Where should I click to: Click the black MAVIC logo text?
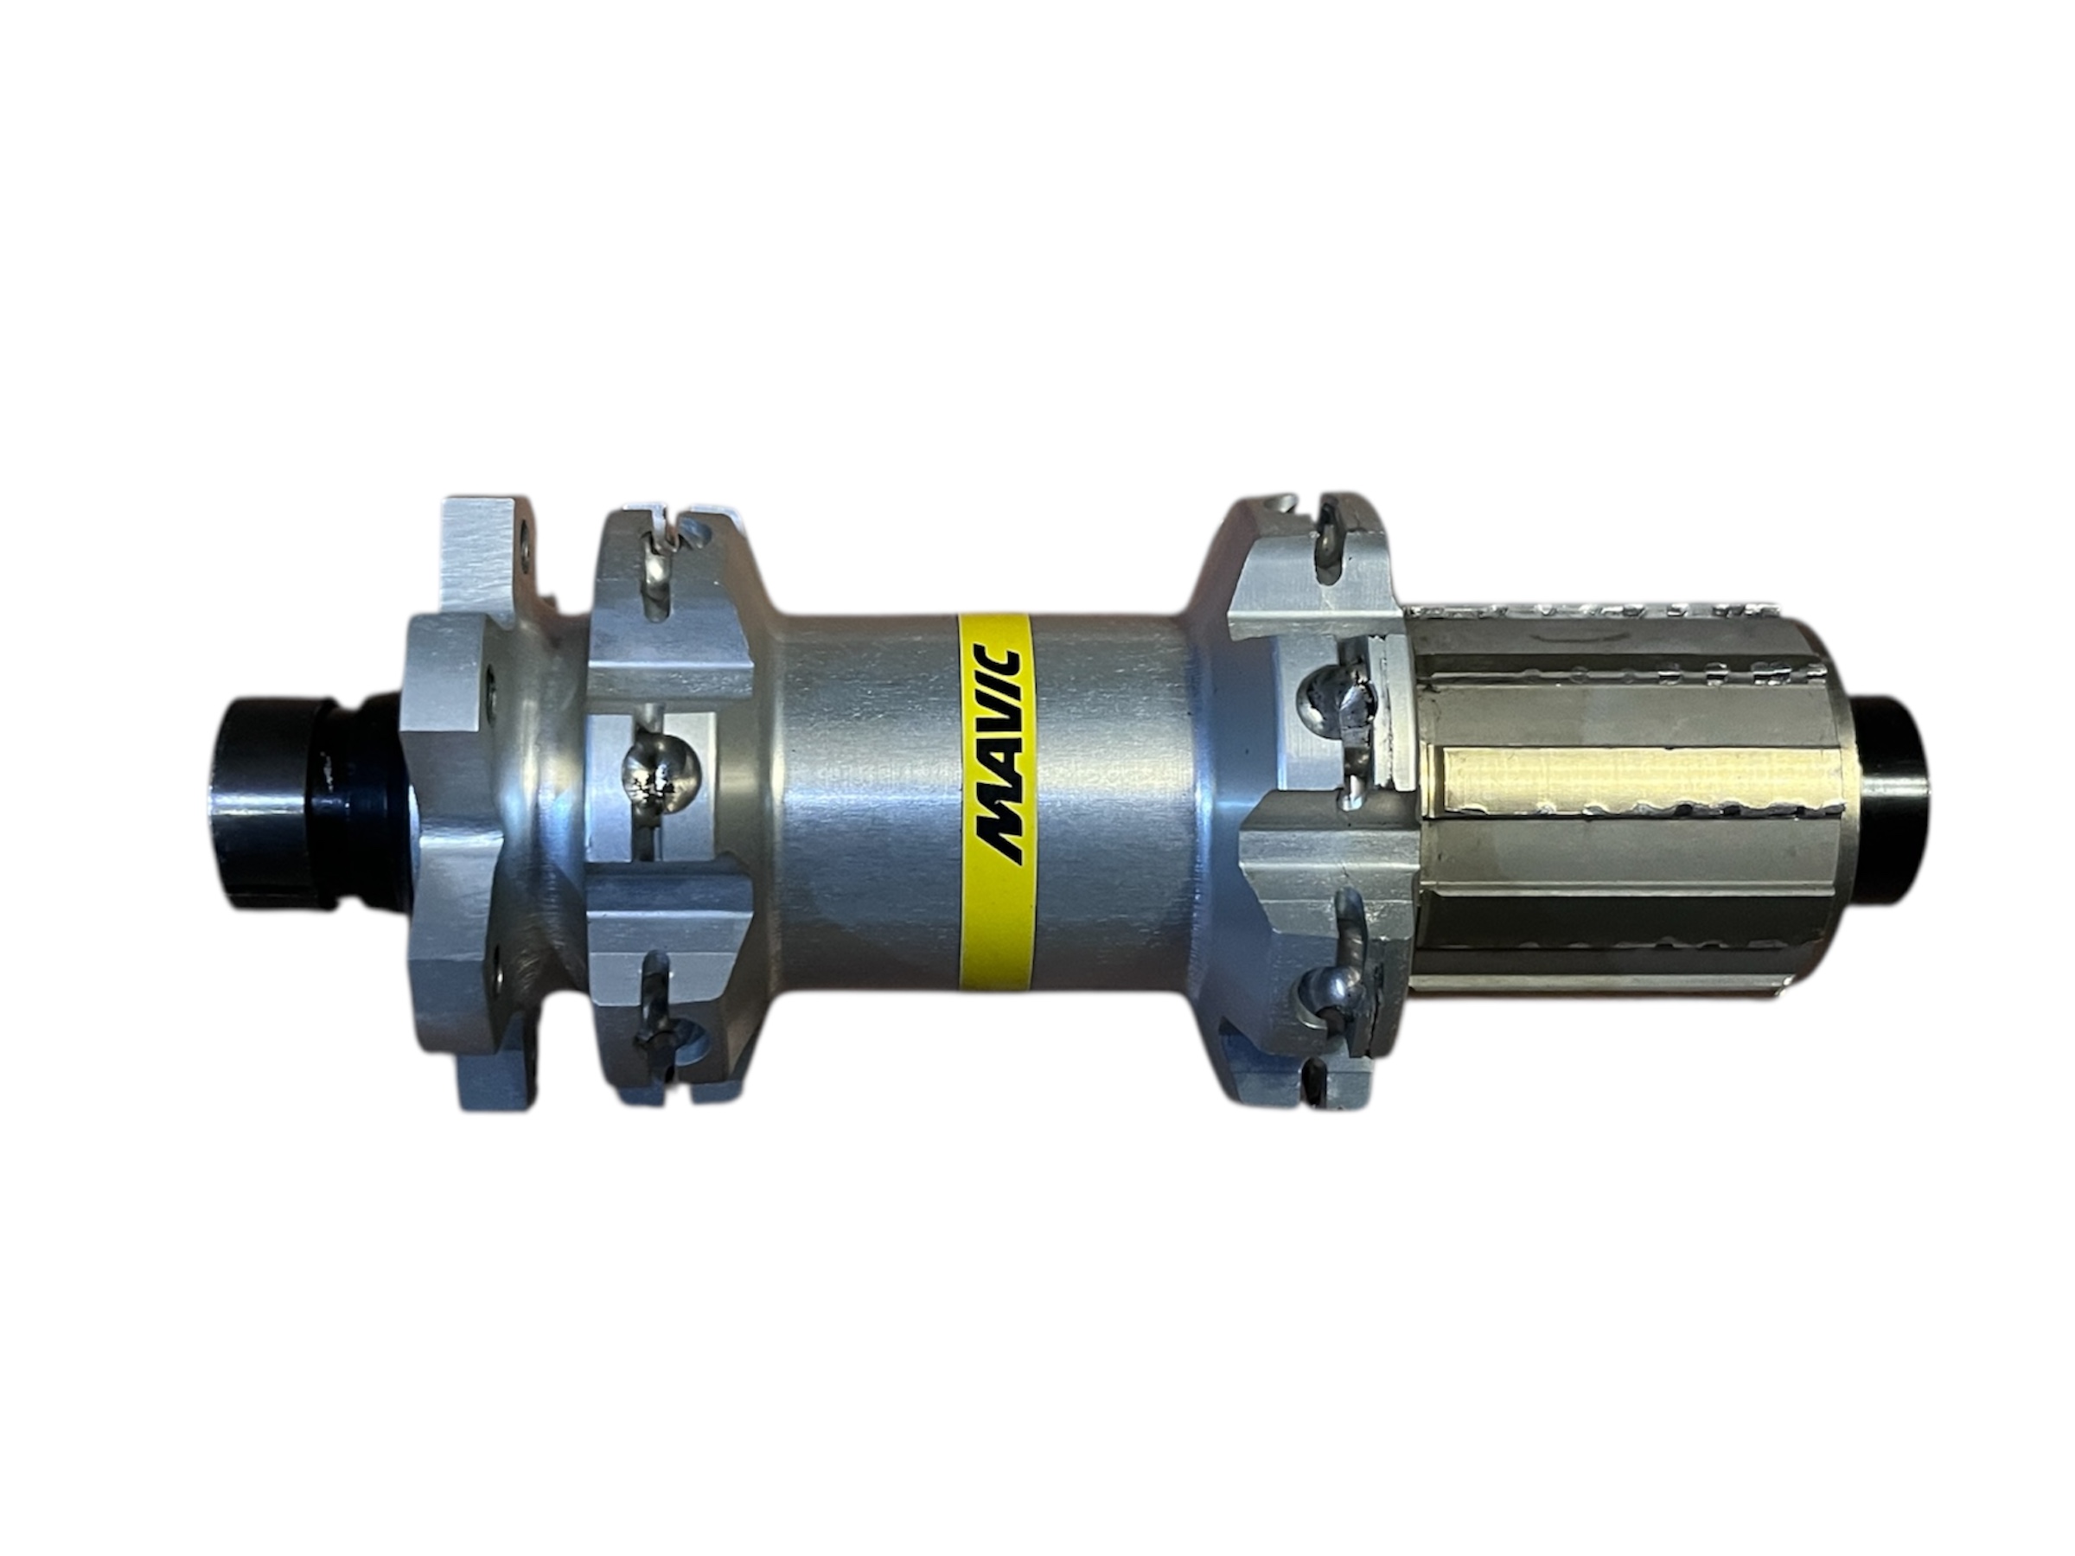(x=997, y=754)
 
